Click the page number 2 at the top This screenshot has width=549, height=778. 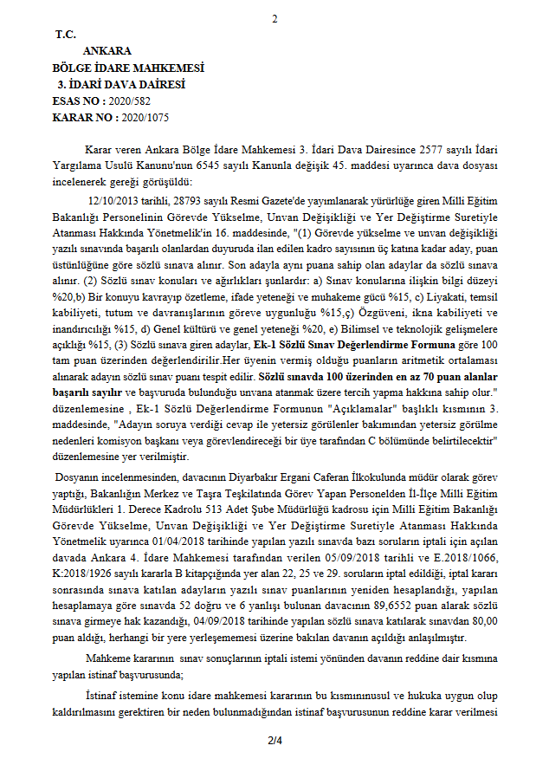(x=274, y=18)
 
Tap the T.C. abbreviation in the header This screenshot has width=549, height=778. (x=66, y=35)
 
